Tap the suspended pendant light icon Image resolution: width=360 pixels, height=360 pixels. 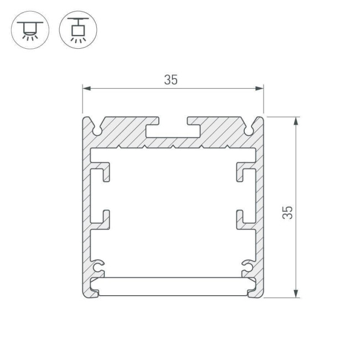point(78,29)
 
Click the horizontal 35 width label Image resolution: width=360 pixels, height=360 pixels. point(171,80)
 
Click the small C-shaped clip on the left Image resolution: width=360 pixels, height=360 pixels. point(100,266)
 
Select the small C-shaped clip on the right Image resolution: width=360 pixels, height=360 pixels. point(246,266)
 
